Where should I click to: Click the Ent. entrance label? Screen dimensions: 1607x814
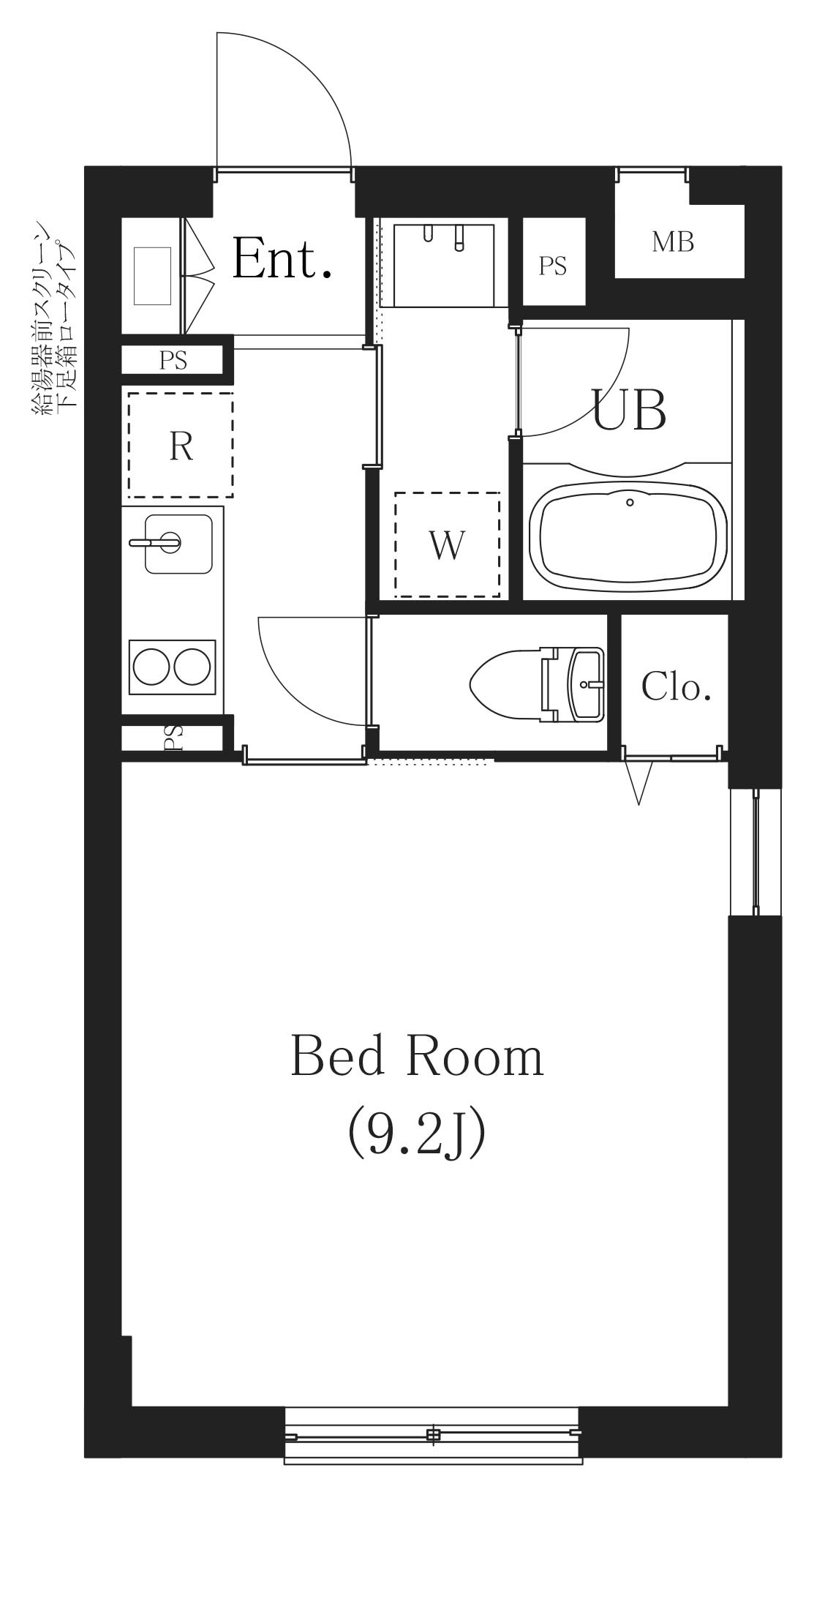282,259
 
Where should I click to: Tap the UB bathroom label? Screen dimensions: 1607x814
628,410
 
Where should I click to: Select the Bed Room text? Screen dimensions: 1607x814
417,1057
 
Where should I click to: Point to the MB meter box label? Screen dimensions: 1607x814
673,242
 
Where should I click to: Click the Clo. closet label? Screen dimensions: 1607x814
676,686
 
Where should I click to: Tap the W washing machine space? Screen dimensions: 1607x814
447,544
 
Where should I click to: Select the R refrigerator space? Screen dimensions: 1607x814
181,445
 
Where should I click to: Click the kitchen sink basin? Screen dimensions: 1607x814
178,543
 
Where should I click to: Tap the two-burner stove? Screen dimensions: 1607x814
173,666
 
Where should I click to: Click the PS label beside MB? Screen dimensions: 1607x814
553,266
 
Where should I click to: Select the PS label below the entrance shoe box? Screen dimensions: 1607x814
173,361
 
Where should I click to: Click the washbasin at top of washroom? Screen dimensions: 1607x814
443,265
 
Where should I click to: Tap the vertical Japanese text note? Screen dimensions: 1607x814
54,318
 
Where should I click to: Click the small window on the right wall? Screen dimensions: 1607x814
755,851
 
